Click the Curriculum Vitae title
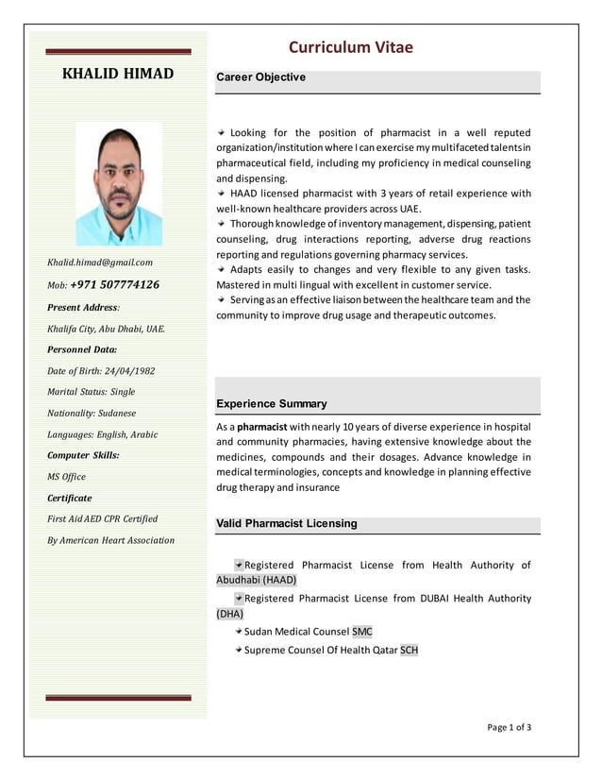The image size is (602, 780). (350, 48)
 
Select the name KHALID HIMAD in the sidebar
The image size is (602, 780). (118, 73)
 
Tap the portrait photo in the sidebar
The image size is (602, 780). (118, 185)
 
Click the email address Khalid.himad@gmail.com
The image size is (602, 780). (100, 262)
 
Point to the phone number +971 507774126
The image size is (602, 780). (114, 284)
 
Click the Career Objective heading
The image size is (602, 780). (261, 77)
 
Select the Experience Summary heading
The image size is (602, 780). (272, 404)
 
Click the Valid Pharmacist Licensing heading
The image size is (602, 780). (287, 523)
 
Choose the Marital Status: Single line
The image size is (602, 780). (92, 391)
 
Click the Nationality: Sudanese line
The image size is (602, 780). (92, 413)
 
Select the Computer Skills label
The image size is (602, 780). (83, 455)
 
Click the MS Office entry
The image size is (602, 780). (67, 477)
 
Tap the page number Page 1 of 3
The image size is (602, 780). (509, 727)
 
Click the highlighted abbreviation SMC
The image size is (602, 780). (362, 631)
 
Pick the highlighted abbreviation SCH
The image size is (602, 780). (409, 650)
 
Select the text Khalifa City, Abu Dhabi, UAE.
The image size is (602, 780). (106, 329)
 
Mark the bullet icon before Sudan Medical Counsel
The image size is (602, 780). (238, 631)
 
